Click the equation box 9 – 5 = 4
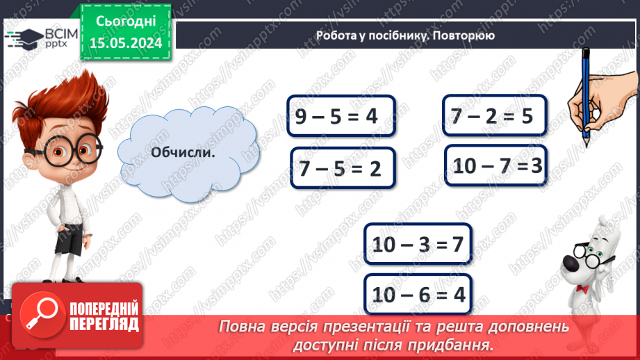coord(340,117)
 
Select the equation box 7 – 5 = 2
coord(343,168)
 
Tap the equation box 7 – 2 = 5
coord(495,115)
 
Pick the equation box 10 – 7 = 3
coord(495,166)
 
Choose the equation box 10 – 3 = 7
coord(417,245)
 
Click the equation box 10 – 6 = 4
coord(417,295)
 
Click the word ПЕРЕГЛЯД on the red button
coord(104,325)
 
